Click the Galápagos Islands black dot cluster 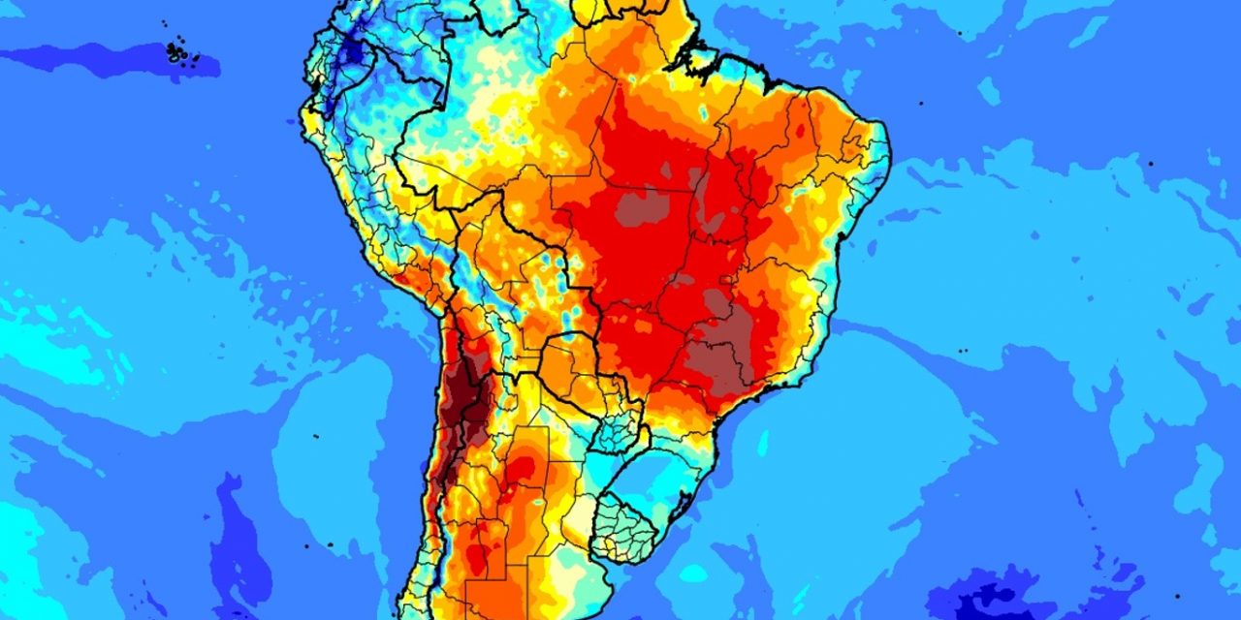179,50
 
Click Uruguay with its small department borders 626,527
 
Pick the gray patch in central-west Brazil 636,207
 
